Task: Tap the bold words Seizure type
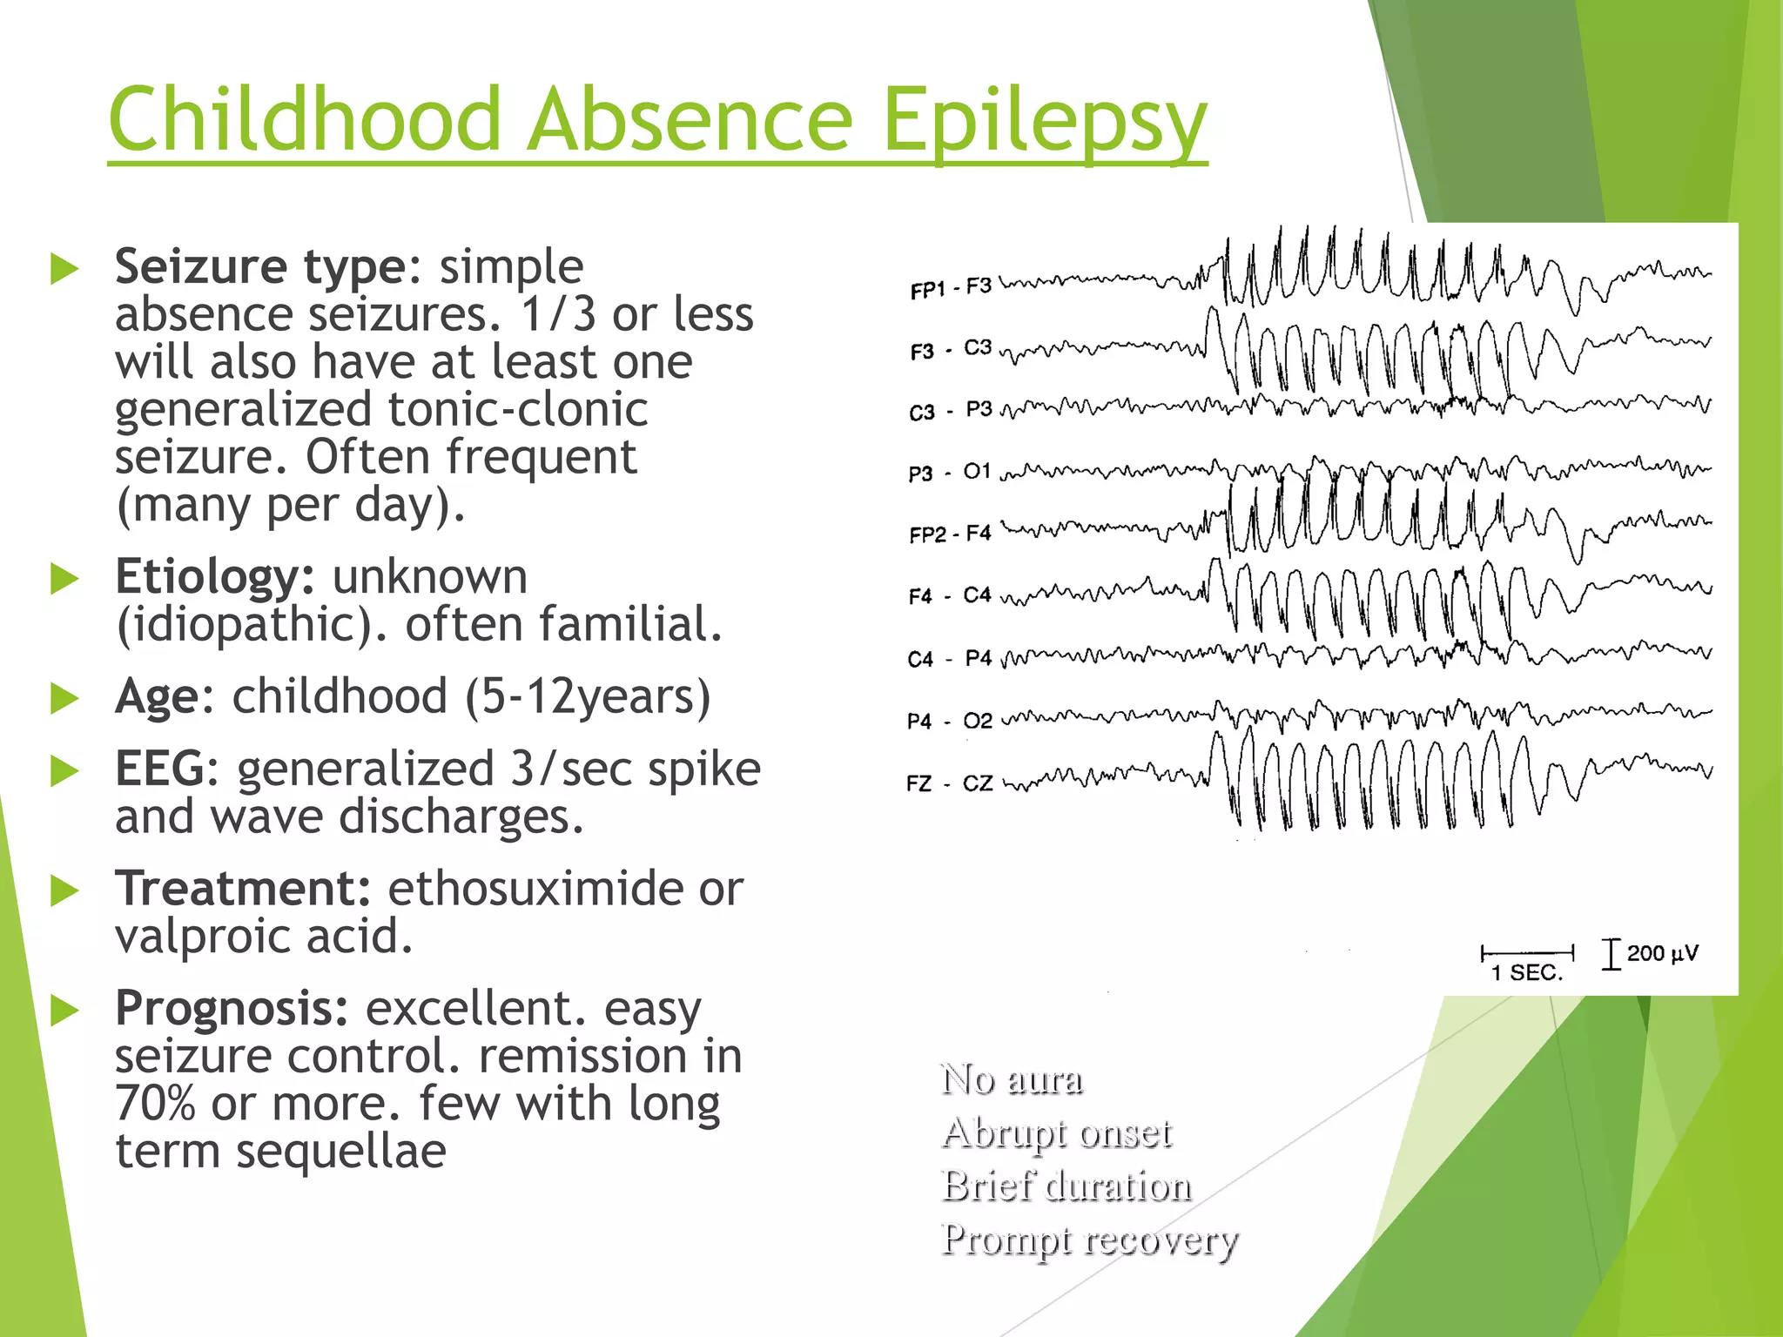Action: click(x=259, y=266)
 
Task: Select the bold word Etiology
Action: click(x=214, y=577)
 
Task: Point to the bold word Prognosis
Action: click(x=232, y=1009)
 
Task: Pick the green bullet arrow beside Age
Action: click(x=64, y=698)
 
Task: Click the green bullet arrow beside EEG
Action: click(x=64, y=770)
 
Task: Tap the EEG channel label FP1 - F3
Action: click(x=950, y=288)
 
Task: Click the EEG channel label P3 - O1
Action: click(x=949, y=473)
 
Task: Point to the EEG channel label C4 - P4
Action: click(x=949, y=659)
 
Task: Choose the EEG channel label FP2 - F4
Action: click(x=950, y=534)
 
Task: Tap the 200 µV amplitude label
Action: click(x=1661, y=953)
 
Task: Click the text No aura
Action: click(x=1012, y=1079)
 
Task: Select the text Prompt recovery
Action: click(x=1088, y=1240)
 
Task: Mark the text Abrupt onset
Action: click(x=1057, y=1133)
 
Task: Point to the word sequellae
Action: click(x=341, y=1152)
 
